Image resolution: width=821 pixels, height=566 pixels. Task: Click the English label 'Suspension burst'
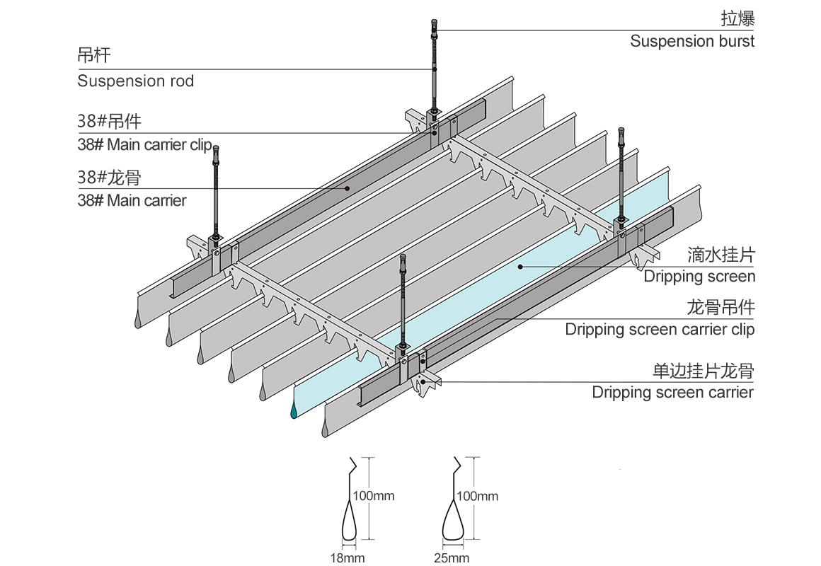[x=691, y=41]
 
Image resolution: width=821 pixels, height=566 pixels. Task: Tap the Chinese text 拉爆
[x=737, y=18]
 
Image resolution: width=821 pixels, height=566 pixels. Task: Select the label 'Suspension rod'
[x=135, y=81]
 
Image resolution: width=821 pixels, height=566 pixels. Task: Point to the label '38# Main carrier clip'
[x=144, y=145]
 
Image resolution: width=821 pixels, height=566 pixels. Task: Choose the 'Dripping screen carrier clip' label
[x=660, y=330]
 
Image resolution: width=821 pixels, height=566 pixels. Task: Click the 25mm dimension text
[x=452, y=558]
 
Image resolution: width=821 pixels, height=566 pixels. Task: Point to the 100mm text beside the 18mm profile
[x=374, y=496]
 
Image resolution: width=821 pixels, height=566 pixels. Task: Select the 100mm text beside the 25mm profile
[x=478, y=496]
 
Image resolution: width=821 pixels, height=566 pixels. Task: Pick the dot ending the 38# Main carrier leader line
[x=347, y=188]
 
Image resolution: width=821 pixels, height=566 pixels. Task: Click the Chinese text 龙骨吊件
[x=720, y=308]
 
